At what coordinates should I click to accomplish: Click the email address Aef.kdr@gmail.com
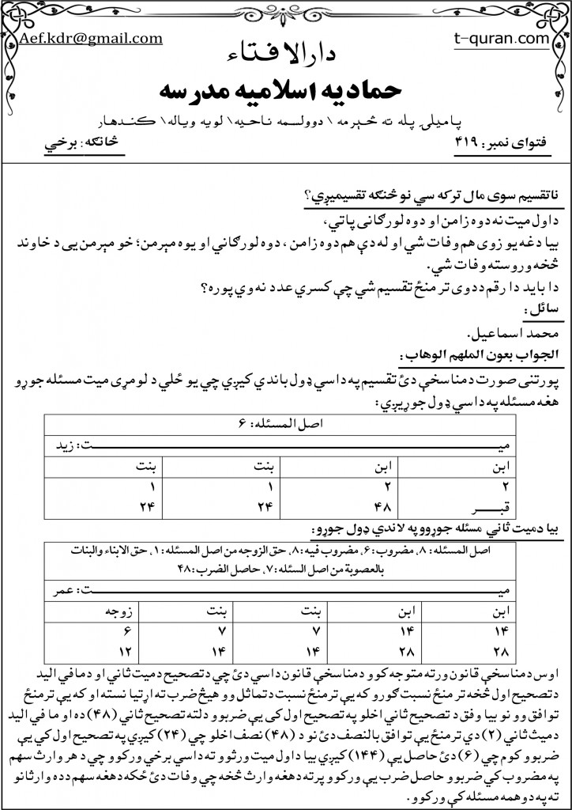[92, 37]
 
